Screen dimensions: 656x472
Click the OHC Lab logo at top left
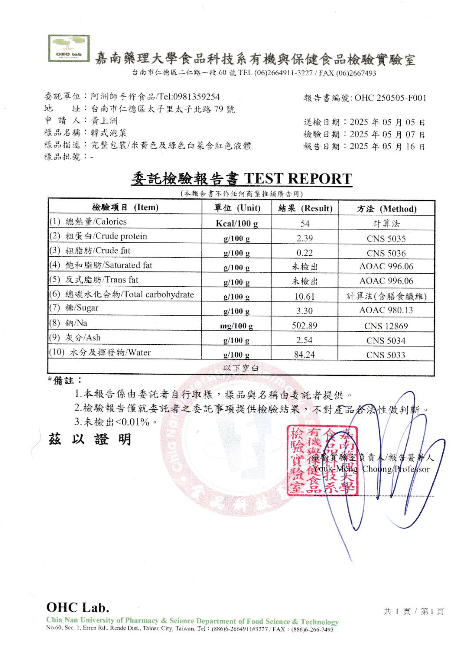(x=69, y=48)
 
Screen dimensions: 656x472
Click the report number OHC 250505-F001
(x=390, y=98)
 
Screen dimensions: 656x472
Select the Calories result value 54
(x=305, y=224)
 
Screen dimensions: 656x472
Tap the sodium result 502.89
(x=305, y=325)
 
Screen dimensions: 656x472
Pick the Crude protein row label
(x=106, y=236)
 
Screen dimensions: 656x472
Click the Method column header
(x=387, y=209)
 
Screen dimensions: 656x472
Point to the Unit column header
(x=237, y=208)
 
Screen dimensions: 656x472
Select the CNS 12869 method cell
(x=386, y=326)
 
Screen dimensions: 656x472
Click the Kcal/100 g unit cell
(x=237, y=224)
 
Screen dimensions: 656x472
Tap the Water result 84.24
(x=305, y=355)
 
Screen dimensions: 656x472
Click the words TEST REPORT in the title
(x=298, y=179)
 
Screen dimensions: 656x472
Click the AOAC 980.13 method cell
(x=386, y=311)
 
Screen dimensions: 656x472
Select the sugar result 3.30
(x=305, y=311)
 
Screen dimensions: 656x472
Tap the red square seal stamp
(x=322, y=460)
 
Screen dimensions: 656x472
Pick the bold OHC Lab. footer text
(x=78, y=607)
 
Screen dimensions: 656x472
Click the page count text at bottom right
(x=413, y=611)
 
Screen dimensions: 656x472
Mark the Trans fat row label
(x=102, y=280)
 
